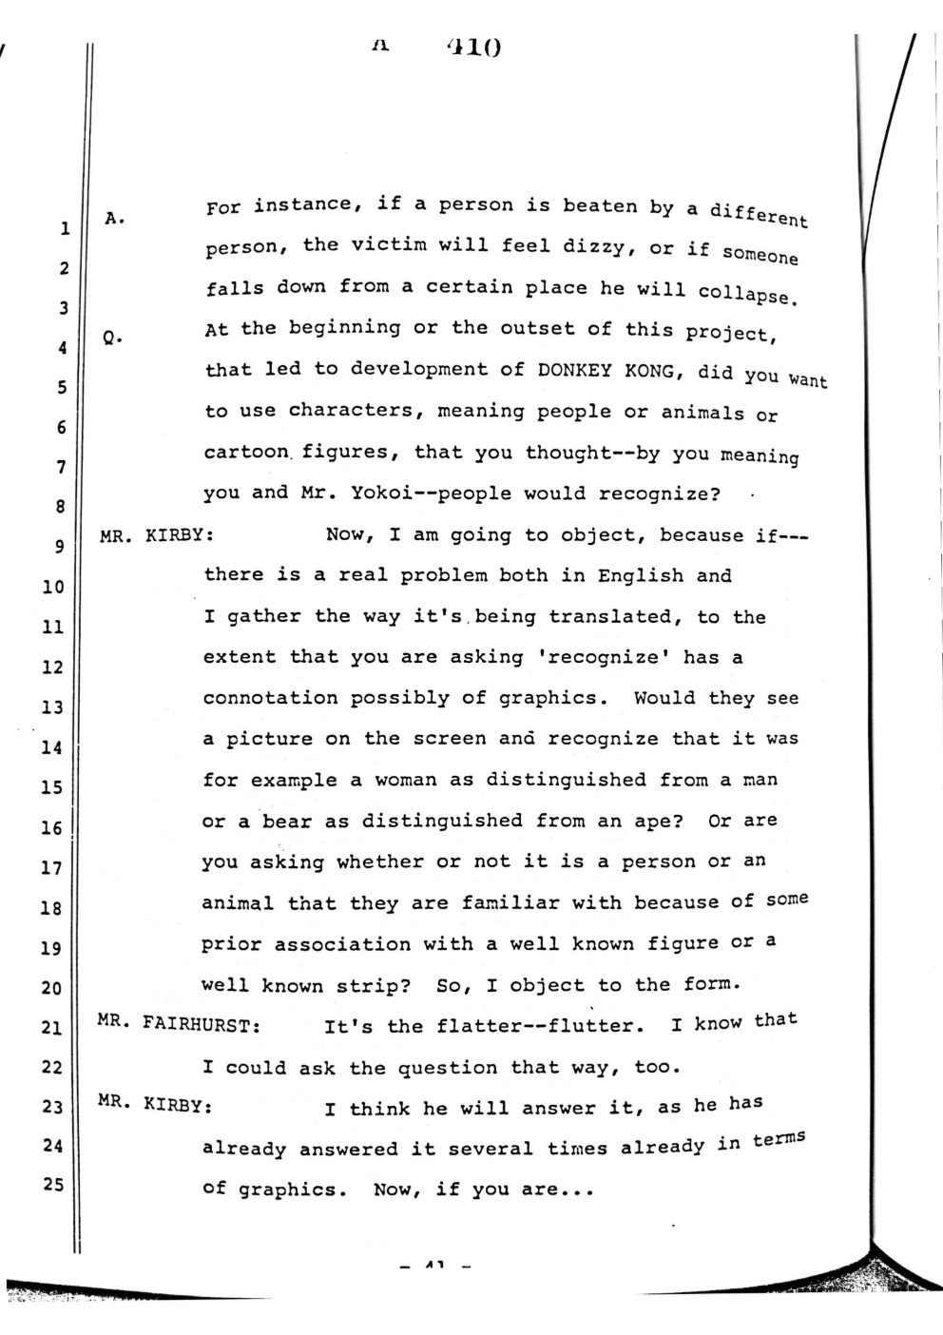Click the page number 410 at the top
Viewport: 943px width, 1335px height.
[472, 47]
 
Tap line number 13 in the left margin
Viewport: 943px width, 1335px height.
[51, 706]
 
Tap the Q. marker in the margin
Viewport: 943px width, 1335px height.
[113, 337]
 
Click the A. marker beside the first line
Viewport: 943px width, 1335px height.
[114, 218]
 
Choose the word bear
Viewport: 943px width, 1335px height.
[286, 821]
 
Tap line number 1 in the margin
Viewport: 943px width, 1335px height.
[65, 228]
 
